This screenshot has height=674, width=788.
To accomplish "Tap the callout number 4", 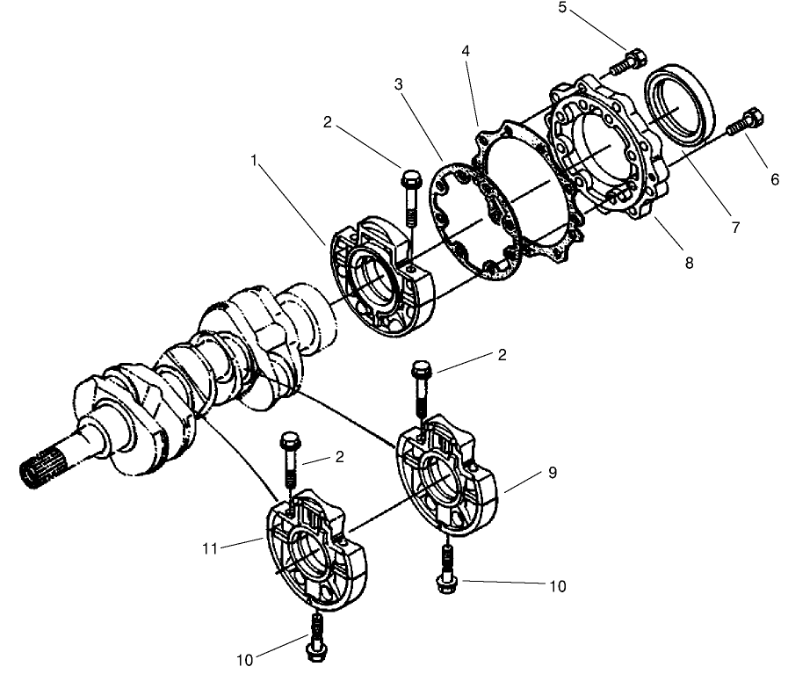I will pyautogui.click(x=466, y=52).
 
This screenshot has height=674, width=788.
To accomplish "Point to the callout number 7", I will pyautogui.click(x=734, y=227).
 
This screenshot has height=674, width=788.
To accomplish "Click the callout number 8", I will pyautogui.click(x=689, y=262).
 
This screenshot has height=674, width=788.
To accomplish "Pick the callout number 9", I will pyautogui.click(x=552, y=472).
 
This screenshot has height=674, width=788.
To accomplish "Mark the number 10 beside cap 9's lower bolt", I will pyautogui.click(x=557, y=585).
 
